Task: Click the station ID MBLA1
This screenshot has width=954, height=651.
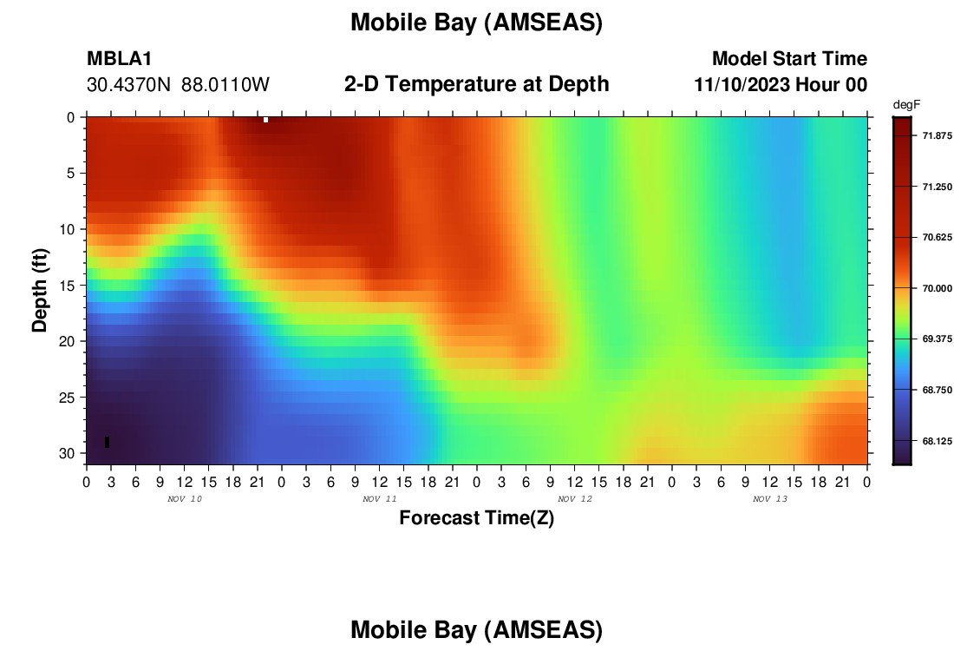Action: tap(120, 58)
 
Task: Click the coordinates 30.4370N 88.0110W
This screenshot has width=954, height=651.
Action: tap(179, 85)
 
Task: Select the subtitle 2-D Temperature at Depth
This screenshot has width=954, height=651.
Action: tap(476, 84)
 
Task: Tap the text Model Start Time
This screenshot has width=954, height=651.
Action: tap(790, 58)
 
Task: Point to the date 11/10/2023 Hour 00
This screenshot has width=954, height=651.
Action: tap(781, 85)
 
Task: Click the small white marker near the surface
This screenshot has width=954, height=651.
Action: tap(266, 120)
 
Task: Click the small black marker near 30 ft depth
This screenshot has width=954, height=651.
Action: tap(107, 442)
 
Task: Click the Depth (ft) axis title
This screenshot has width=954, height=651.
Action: tap(40, 290)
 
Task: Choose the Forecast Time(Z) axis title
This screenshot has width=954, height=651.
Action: tap(476, 517)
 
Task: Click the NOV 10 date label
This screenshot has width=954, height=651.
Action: tap(185, 499)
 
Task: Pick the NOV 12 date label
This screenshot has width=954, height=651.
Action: tap(575, 499)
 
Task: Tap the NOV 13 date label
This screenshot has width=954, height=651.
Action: tap(770, 499)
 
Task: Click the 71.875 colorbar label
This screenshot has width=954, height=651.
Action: tap(937, 135)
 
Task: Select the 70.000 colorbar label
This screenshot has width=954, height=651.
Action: tap(937, 289)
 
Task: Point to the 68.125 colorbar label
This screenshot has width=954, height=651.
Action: tap(937, 441)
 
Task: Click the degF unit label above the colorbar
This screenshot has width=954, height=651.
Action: tap(906, 105)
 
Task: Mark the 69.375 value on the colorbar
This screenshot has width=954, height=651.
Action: tap(937, 339)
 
